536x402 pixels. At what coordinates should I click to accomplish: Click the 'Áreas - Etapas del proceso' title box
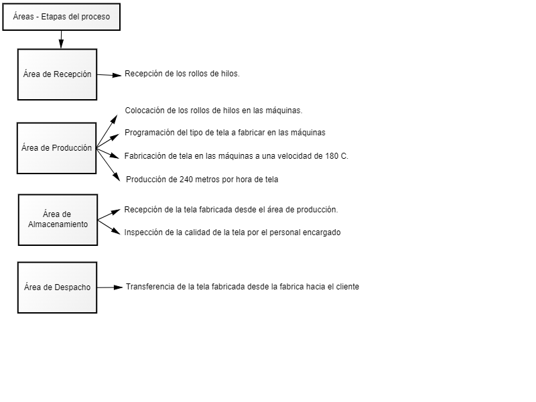click(x=62, y=17)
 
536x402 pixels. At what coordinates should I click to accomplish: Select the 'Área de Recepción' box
click(x=57, y=74)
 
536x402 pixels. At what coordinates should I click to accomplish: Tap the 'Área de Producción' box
click(x=56, y=148)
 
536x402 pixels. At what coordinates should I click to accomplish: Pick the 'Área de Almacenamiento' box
click(x=57, y=220)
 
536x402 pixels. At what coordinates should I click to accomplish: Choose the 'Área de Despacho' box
click(x=57, y=287)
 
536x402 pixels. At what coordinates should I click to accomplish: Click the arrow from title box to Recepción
click(x=61, y=40)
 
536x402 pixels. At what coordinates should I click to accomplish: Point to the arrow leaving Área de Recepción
click(x=110, y=75)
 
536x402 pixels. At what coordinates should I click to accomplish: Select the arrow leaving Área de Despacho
click(x=111, y=287)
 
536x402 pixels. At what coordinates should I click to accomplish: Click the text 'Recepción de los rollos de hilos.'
click(x=182, y=74)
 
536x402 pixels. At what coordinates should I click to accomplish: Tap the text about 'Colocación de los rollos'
click(x=214, y=110)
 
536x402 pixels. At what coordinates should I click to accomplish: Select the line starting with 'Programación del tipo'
click(x=225, y=133)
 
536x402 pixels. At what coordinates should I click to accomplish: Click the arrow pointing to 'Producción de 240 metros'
click(x=109, y=164)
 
